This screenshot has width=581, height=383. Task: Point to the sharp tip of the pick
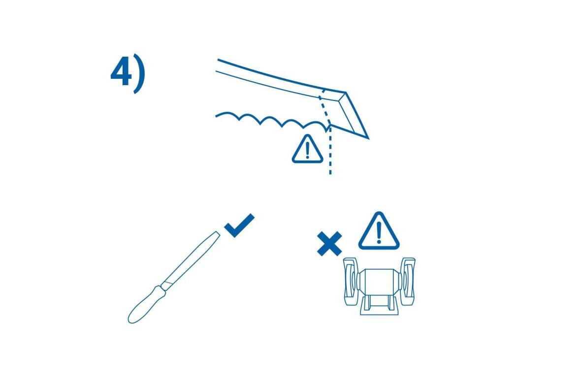click(367, 138)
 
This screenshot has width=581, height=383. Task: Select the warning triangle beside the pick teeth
click(307, 150)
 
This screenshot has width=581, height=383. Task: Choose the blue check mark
click(240, 225)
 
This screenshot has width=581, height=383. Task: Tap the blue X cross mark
click(329, 244)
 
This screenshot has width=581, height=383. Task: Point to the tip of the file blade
click(217, 233)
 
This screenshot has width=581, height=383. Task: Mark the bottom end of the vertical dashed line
click(330, 173)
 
